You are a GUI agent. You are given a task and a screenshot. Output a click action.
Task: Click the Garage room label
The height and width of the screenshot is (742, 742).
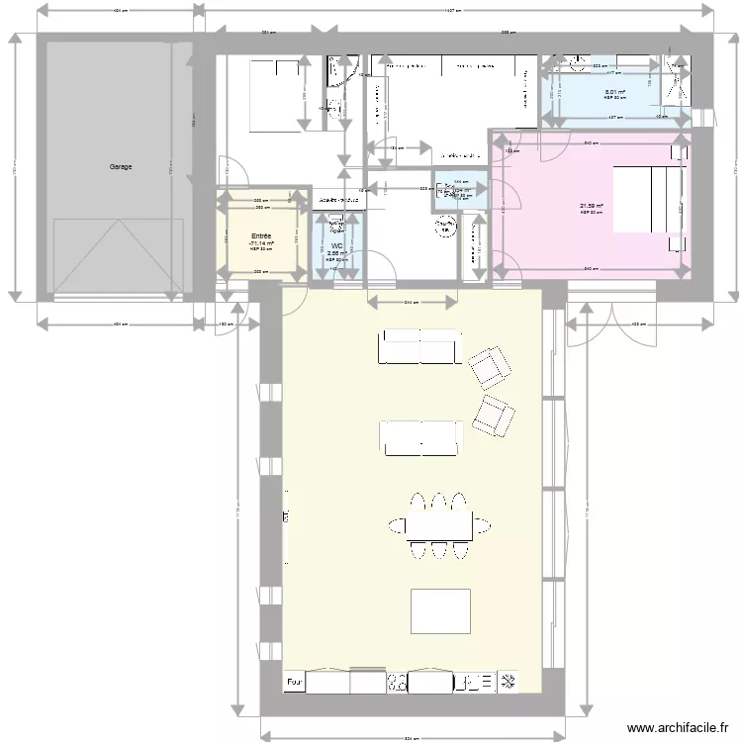(121, 167)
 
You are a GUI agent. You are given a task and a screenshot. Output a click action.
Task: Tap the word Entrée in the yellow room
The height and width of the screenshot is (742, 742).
(261, 236)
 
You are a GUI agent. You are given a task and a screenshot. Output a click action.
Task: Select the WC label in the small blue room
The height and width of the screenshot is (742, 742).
(336, 246)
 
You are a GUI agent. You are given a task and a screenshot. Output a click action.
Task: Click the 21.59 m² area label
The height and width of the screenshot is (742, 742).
(592, 207)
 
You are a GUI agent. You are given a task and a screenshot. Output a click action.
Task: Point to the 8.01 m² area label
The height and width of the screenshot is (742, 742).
(615, 92)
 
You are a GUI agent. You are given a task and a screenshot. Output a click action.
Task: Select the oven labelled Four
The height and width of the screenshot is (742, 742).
(295, 682)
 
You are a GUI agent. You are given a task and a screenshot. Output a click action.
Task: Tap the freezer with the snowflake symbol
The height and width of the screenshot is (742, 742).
(511, 682)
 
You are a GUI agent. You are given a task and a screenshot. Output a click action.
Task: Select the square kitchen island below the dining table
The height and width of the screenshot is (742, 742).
(441, 610)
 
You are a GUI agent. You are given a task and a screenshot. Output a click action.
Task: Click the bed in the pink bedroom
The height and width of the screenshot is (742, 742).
(649, 199)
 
